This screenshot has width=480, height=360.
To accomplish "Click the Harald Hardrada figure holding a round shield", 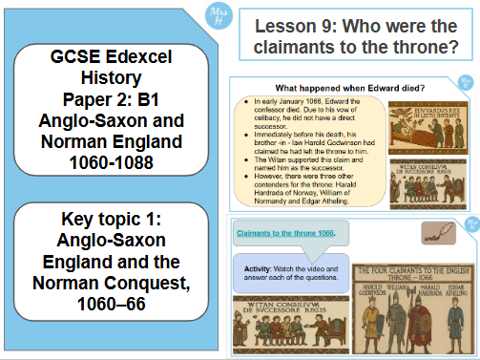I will (426, 310).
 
